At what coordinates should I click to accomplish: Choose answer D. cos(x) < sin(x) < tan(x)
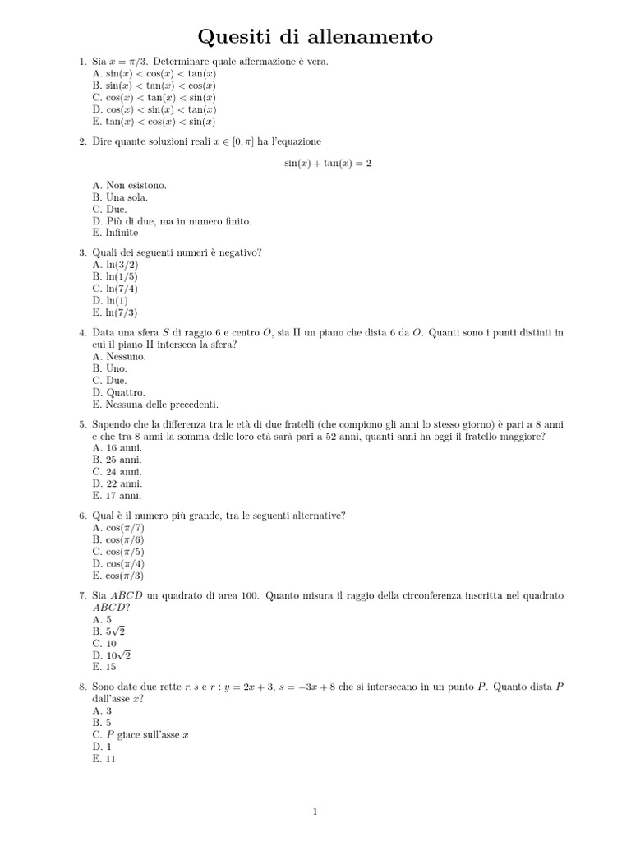[154, 109]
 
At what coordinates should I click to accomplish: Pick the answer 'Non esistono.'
[129, 186]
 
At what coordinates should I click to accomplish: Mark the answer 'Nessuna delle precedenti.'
[155, 405]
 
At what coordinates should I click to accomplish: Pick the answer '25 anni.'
[117, 460]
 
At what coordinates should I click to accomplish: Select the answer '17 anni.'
[117, 496]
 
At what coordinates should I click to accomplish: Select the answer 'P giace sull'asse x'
[140, 734]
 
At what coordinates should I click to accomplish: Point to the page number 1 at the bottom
[315, 812]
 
